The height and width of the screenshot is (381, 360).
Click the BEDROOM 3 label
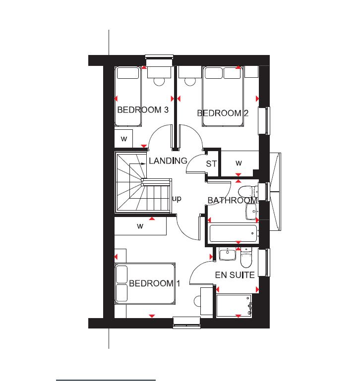click(143, 110)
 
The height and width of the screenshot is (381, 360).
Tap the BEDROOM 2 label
click(223, 113)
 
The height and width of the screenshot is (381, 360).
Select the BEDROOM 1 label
click(154, 283)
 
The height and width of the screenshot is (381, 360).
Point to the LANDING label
click(168, 161)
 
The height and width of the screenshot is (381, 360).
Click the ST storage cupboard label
click(211, 164)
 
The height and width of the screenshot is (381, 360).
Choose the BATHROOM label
click(233, 200)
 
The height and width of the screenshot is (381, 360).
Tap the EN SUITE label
click(235, 275)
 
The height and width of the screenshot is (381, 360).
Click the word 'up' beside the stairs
click(177, 199)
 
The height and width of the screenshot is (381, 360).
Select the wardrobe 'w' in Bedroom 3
click(124, 139)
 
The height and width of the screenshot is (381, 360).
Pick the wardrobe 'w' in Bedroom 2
click(239, 163)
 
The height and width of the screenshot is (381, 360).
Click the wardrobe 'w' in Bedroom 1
click(140, 226)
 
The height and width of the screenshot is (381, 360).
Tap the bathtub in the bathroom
click(233, 233)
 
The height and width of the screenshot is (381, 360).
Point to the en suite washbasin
click(228, 254)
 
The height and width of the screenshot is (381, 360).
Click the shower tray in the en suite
click(234, 306)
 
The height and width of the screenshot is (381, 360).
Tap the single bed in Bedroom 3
click(128, 96)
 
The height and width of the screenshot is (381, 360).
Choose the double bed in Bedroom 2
click(223, 96)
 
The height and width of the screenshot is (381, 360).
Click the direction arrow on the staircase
click(138, 164)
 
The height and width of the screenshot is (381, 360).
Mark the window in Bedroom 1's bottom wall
click(186, 323)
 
